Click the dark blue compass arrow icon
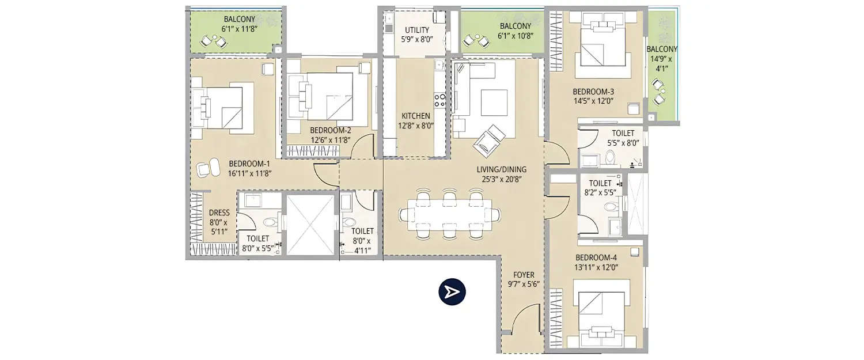(x=452, y=292)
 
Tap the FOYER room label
(x=523, y=275)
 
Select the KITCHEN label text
(x=416, y=116)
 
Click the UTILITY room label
(x=416, y=30)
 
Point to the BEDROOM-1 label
(x=249, y=164)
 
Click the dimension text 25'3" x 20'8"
(x=501, y=179)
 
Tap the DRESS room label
(x=219, y=213)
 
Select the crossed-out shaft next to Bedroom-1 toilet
(x=310, y=224)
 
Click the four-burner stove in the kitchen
(x=439, y=100)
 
